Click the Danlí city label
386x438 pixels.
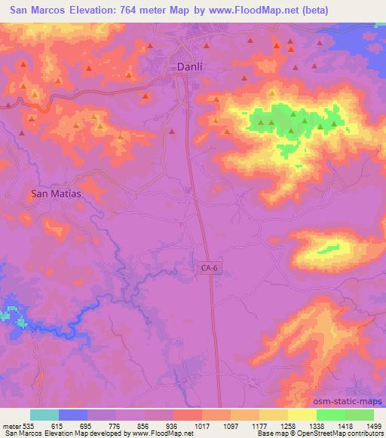[188, 67]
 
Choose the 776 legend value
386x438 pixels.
[103, 425]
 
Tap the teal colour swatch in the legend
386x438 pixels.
[44, 415]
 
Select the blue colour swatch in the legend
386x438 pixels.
[73, 415]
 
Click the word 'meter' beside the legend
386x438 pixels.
[9, 425]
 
